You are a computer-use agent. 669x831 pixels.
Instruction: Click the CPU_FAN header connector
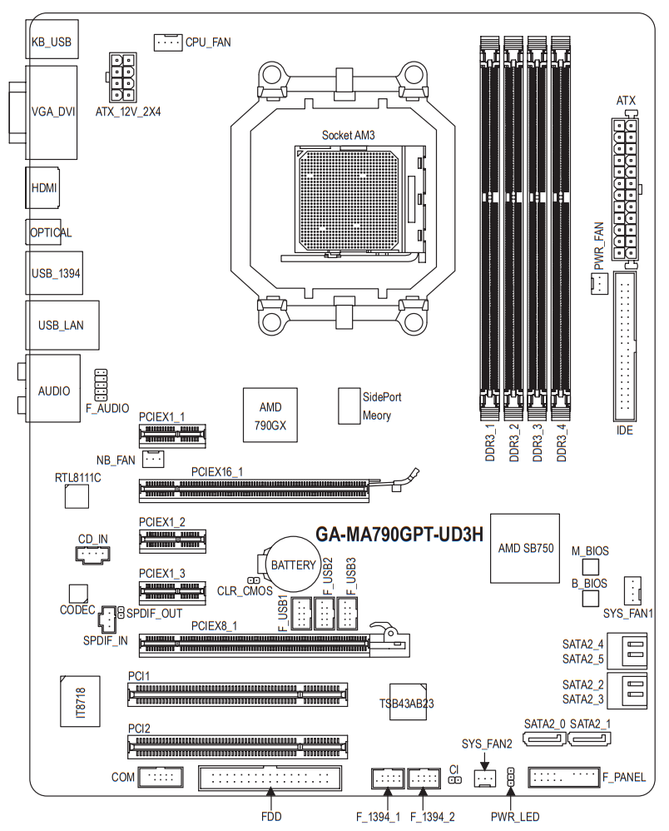pyautogui.click(x=167, y=41)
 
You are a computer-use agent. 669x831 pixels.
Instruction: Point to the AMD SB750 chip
pyautogui.click(x=525, y=548)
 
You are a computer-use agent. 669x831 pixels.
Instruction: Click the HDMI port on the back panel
pyautogui.click(x=43, y=188)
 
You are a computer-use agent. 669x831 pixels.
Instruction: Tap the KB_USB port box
pyautogui.click(x=49, y=40)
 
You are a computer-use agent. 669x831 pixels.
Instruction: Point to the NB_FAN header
pyautogui.click(x=153, y=459)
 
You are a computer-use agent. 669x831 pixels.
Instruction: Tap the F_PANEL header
pyautogui.click(x=563, y=778)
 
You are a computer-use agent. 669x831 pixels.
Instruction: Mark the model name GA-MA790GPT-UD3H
pyautogui.click(x=399, y=535)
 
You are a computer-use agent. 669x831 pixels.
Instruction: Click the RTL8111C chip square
pyautogui.click(x=77, y=496)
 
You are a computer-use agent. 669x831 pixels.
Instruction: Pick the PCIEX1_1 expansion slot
pyautogui.click(x=172, y=433)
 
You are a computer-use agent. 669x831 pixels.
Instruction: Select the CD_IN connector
pyautogui.click(x=92, y=555)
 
